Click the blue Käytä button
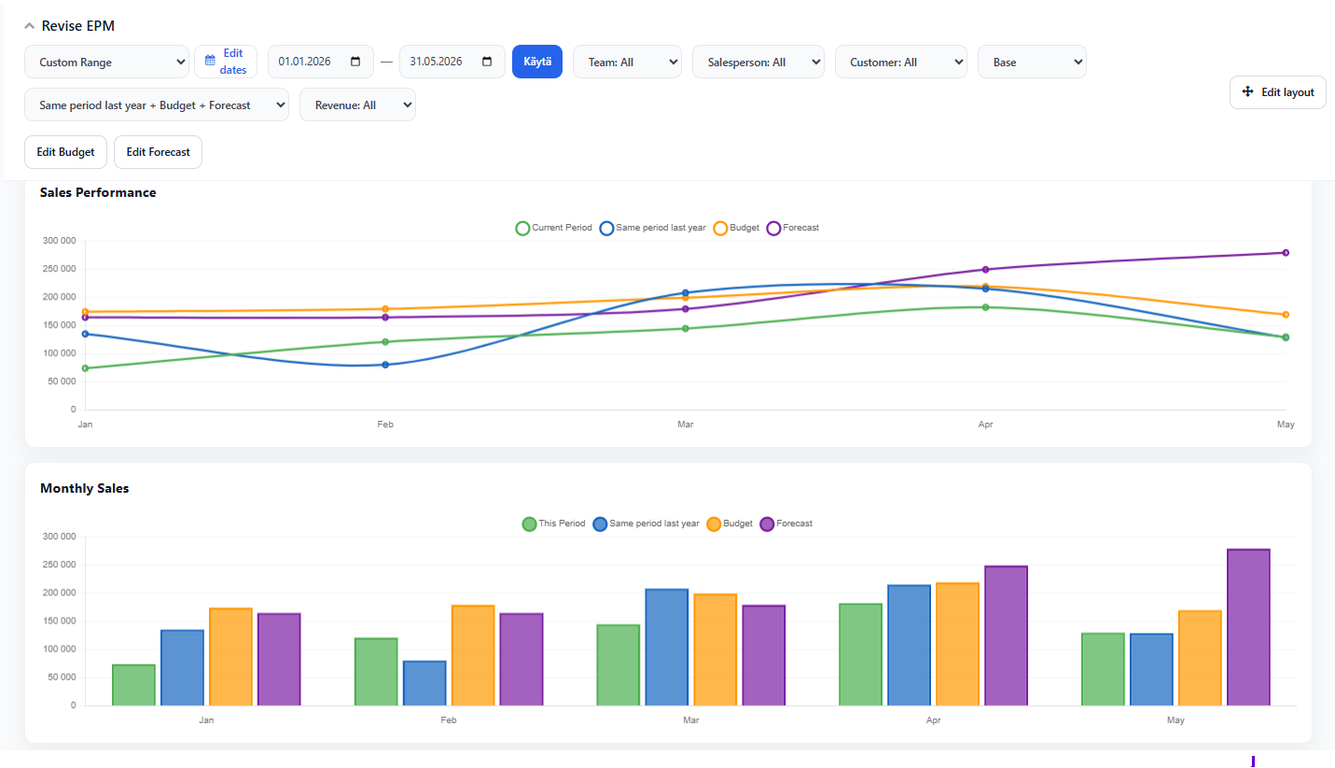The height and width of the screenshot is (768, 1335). pos(537,62)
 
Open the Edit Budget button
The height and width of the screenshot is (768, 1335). pos(65,152)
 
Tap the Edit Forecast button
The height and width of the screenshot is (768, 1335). pos(158,152)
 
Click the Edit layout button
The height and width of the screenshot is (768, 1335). pos(1278,91)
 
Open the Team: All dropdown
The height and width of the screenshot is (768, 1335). pos(627,62)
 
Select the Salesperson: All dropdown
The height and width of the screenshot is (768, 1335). pos(758,62)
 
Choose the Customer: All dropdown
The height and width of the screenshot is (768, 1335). pos(901,62)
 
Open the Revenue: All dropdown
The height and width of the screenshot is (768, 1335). pos(357,105)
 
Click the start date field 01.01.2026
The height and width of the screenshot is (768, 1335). pos(321,62)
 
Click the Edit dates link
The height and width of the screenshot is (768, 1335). pos(226,62)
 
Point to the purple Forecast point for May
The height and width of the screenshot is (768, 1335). pos(1286,253)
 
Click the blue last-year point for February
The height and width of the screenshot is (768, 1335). pos(385,365)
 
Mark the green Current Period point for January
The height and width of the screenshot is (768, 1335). pos(85,369)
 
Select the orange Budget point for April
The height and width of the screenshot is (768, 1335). pos(986,286)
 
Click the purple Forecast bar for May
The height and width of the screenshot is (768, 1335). pos(1248,627)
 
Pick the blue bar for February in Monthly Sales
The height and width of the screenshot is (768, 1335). pos(424,683)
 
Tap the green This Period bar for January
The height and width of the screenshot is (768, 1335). pos(134,685)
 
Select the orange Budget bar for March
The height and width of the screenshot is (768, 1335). pos(716,649)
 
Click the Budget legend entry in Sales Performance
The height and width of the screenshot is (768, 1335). pos(737,228)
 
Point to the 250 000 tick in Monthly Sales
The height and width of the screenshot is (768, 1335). pos(59,565)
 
